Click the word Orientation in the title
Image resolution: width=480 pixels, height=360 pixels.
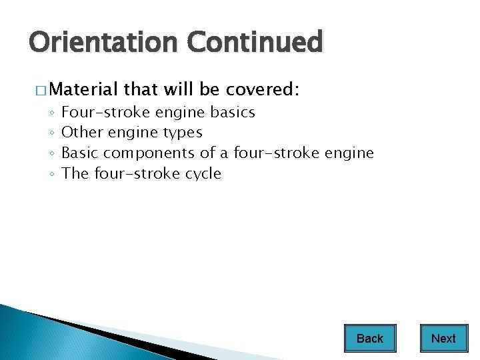[x=104, y=43]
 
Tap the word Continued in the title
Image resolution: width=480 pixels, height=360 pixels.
[x=255, y=43]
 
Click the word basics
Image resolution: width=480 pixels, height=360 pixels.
[x=233, y=112]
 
